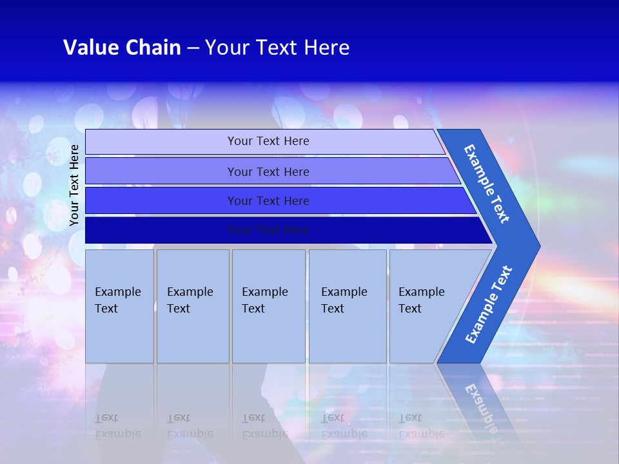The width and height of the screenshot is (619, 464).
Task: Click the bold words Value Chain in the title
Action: pyautogui.click(x=122, y=48)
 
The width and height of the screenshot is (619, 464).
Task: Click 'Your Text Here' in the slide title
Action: pyautogui.click(x=277, y=48)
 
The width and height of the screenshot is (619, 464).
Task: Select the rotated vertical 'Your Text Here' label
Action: pyautogui.click(x=74, y=185)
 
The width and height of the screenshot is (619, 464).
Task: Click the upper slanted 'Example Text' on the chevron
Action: pyautogui.click(x=487, y=184)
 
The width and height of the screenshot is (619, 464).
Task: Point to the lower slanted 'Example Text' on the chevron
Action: pyautogui.click(x=488, y=304)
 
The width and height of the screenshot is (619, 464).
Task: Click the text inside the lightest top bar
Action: pyautogui.click(x=268, y=141)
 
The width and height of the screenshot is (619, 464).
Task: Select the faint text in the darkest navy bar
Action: pyautogui.click(x=268, y=230)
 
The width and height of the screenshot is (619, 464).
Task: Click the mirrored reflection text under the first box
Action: pyautogui.click(x=117, y=426)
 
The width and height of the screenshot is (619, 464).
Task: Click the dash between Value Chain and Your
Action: pyautogui.click(x=193, y=48)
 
